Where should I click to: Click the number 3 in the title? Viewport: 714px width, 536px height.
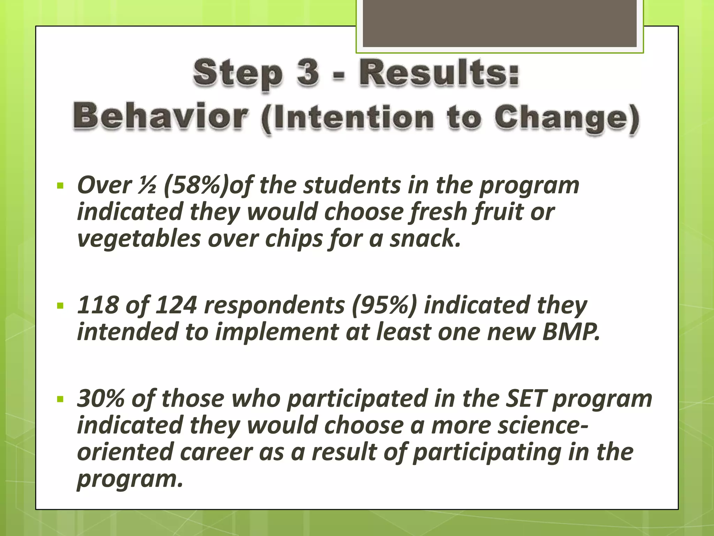(308, 73)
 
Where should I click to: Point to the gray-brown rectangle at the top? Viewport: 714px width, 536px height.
(500, 23)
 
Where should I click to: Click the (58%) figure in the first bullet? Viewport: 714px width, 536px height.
(196, 185)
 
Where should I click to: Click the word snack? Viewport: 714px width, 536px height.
(425, 239)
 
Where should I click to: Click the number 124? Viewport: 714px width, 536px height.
(176, 305)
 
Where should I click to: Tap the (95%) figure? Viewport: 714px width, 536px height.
(384, 305)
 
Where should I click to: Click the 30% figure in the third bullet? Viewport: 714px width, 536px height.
(100, 399)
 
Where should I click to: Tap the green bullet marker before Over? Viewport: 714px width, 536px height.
(61, 185)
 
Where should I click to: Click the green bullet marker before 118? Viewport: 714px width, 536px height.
(61, 306)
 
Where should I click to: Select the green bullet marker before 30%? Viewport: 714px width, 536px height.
(61, 399)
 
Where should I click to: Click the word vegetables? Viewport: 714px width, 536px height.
(139, 239)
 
